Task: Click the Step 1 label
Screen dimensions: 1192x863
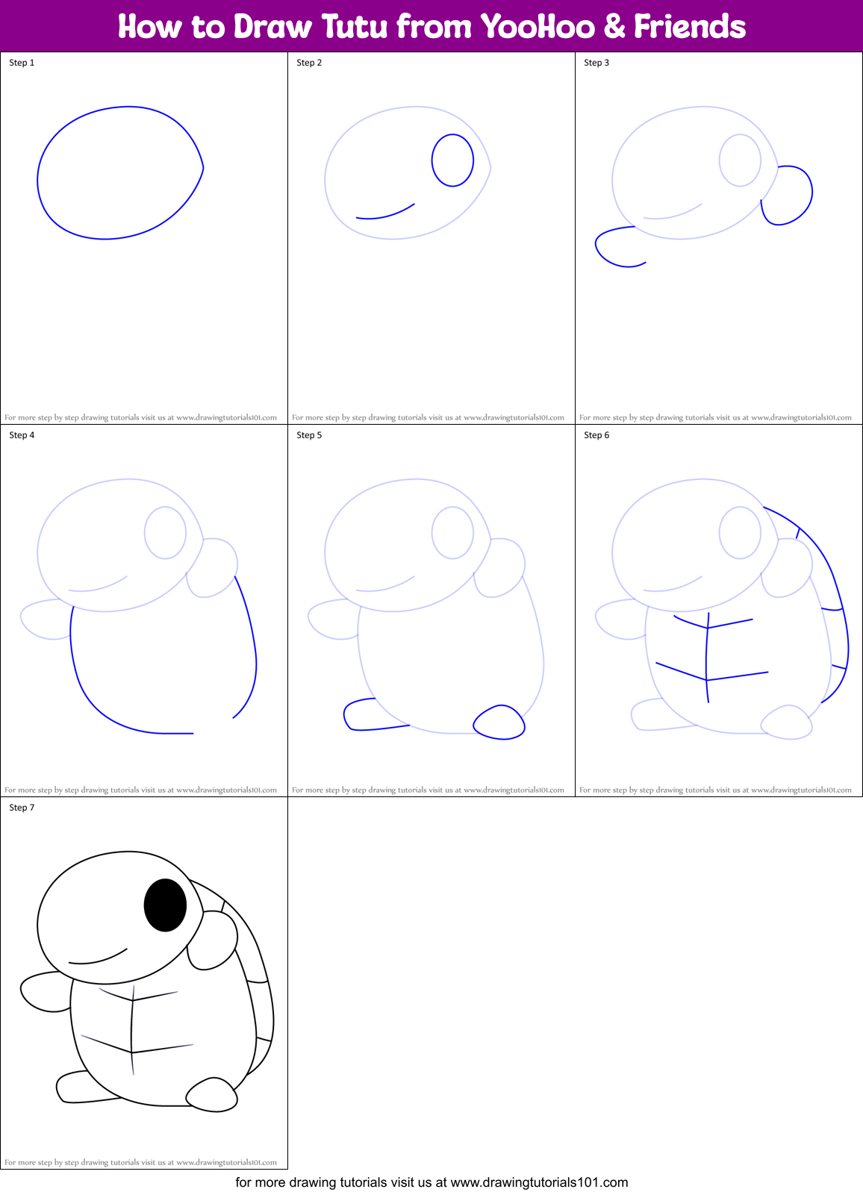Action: click(22, 63)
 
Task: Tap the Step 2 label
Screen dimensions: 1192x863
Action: click(309, 63)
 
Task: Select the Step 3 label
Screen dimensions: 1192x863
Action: click(596, 63)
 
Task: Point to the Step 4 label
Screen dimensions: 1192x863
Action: click(22, 435)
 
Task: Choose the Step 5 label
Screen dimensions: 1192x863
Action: click(309, 435)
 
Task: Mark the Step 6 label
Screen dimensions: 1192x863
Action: click(596, 435)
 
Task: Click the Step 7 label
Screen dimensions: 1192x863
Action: click(22, 808)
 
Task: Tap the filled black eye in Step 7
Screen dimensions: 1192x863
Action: click(165, 905)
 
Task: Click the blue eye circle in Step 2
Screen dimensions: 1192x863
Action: click(452, 160)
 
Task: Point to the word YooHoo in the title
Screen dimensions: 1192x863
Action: click(538, 27)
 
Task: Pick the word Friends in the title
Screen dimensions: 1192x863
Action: click(690, 27)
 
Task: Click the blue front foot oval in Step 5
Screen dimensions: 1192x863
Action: click(499, 723)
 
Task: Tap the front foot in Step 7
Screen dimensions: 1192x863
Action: click(212, 1095)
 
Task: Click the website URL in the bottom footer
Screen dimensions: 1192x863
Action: click(539, 1182)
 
